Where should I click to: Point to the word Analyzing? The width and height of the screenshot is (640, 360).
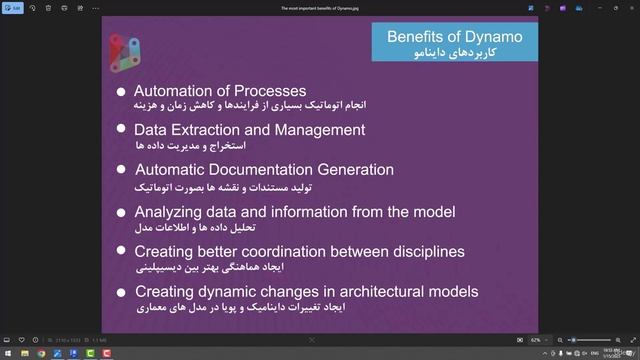coord(167,211)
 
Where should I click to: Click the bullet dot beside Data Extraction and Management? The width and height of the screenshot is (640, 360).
coord(121,130)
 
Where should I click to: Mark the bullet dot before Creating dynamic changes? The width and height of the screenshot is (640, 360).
coord(121,292)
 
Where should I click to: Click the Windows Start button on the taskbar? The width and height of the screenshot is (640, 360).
coord(8,353)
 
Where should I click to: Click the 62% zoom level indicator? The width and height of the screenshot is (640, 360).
coord(536,340)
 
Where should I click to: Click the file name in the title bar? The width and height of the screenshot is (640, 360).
coord(319,7)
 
